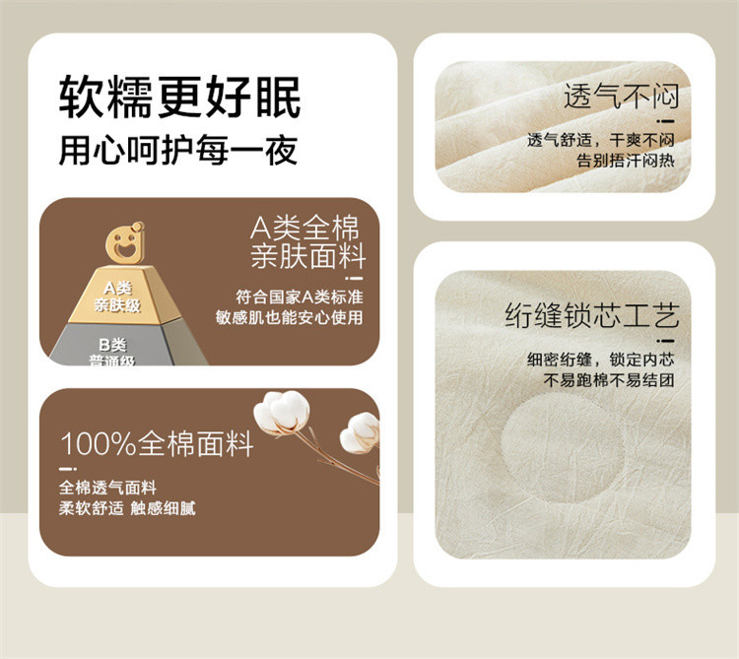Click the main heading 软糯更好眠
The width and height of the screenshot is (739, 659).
coord(179,98)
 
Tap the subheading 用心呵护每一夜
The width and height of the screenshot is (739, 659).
coord(178,151)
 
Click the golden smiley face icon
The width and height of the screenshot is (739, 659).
coord(125,242)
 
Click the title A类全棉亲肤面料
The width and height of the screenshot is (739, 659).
coord(307,242)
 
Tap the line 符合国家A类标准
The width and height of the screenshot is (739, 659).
coord(300,297)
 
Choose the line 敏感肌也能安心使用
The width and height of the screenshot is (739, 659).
coord(290,317)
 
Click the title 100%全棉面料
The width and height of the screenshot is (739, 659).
coord(157,443)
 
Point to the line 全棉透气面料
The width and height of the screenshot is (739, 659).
coord(107,488)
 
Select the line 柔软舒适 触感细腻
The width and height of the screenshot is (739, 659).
coord(127,508)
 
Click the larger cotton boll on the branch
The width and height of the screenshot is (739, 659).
coord(282,413)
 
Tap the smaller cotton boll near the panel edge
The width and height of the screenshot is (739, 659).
coord(360,433)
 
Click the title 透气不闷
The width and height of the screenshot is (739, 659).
coord(622,96)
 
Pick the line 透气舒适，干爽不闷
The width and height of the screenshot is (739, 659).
coord(601,140)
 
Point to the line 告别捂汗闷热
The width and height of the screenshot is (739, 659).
coord(626,161)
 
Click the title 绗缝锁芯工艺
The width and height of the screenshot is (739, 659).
coord(592,315)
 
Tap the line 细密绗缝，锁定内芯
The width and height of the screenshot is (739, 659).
coord(601,360)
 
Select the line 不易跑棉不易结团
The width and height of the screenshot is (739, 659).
coord(609,379)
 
